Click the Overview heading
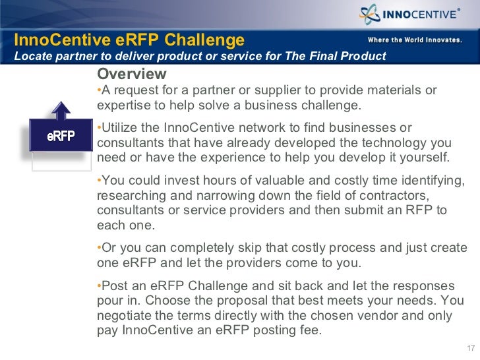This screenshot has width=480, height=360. click(x=131, y=73)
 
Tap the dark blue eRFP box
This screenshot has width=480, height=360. click(x=60, y=136)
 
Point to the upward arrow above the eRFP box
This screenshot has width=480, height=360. click(x=60, y=109)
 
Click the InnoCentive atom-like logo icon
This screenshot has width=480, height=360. click(x=370, y=15)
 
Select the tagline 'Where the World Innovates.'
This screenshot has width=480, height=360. click(x=414, y=40)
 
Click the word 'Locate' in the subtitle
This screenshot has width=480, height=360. click(x=32, y=56)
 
